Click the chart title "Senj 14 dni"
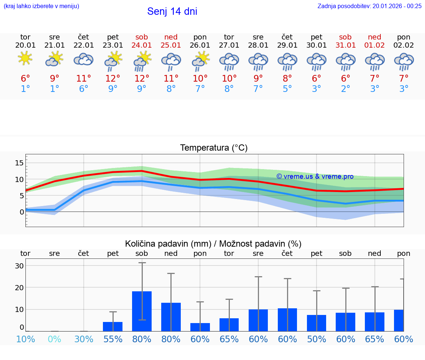coord(172,11)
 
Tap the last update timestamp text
coord(369,6)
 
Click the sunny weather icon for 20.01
coord(25,59)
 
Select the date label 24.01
coord(142,45)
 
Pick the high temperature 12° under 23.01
coord(113,78)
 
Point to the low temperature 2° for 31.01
coord(346,89)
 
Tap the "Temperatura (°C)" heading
coord(214,148)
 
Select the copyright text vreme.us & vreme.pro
coord(315,176)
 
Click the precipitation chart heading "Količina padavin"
coord(213,244)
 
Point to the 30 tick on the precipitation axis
coord(19,266)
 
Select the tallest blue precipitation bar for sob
coord(142,311)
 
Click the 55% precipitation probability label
coord(113,339)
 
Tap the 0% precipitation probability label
coord(54,339)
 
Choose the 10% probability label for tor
coord(25,339)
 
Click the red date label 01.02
coord(375,45)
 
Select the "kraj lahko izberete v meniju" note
coord(41,6)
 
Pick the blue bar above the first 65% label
coord(229,325)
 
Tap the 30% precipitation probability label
coord(84,339)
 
